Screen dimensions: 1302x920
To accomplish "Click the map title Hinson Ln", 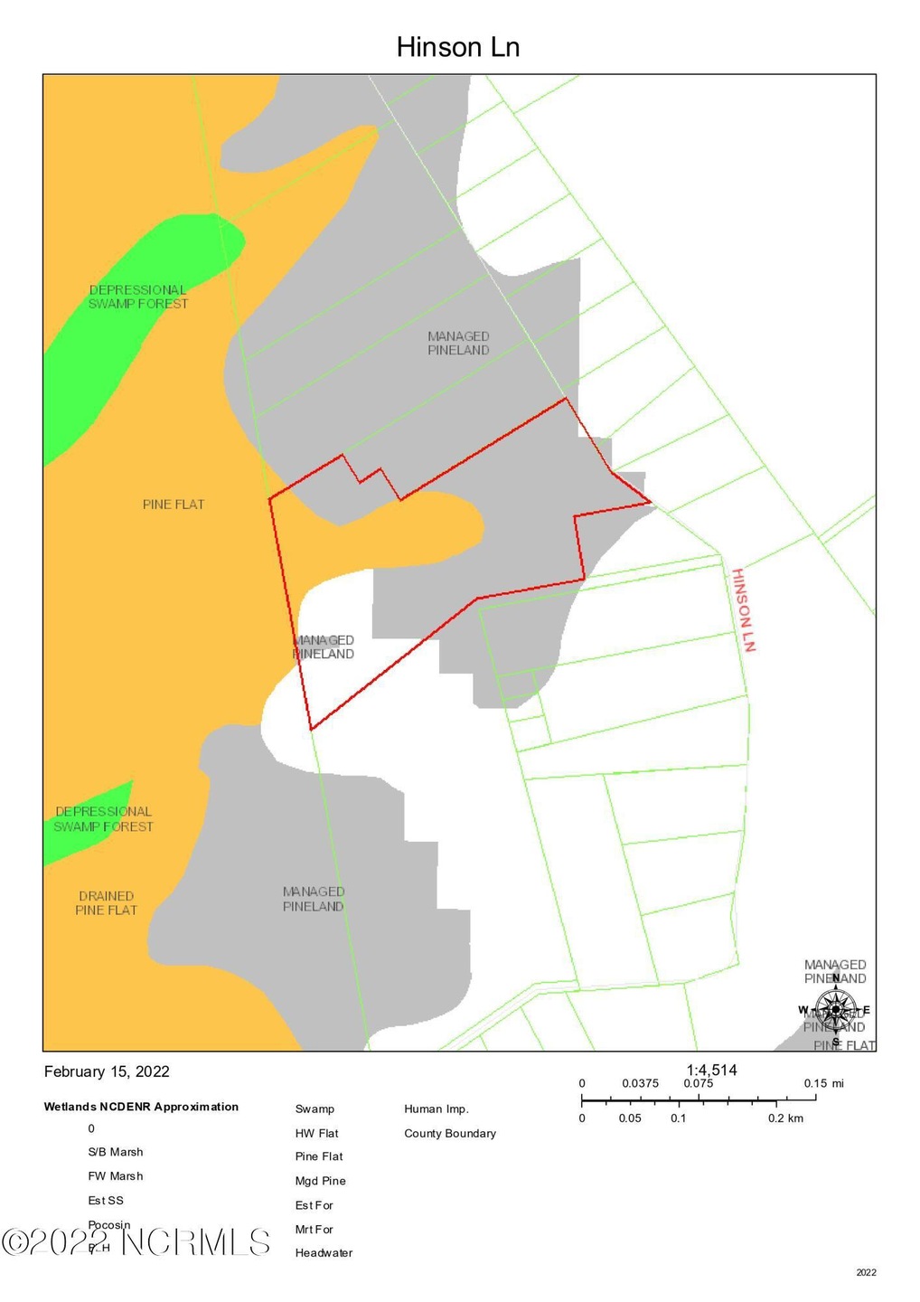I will pos(458,47).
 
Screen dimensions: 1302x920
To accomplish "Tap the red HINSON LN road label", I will pos(743,609).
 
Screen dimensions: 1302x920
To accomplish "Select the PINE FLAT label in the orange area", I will pos(174,505).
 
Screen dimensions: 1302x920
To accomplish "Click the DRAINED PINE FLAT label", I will pos(106,903).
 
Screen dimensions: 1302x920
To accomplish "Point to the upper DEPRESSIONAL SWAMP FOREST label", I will pos(137,297).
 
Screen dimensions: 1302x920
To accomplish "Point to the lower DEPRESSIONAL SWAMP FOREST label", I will pos(103,819).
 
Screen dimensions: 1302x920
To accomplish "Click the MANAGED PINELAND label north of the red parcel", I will pos(458,344).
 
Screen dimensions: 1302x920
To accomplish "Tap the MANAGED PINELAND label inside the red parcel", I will pos(324,646).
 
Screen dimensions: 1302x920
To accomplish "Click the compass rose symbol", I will pos(836,1009).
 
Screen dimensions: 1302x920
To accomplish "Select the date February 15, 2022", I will pos(107,1071).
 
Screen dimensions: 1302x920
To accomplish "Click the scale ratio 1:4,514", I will pos(712,1070).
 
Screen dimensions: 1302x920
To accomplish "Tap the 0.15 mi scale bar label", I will pos(823,1083).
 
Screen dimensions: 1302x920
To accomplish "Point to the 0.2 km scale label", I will pos(785,1118).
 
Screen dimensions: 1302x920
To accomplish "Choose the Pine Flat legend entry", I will pos(319,1156).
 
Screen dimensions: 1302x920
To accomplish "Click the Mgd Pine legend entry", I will pos(320,1181).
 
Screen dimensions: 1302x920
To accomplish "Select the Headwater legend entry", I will pos(324,1253).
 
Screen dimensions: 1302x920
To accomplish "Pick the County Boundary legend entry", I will pos(450,1134).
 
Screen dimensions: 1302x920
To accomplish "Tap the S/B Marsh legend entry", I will pos(116,1152).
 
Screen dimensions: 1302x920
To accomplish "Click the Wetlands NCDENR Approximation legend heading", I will pos(141,1107).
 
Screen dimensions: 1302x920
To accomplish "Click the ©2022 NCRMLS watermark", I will pos(136,1241).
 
